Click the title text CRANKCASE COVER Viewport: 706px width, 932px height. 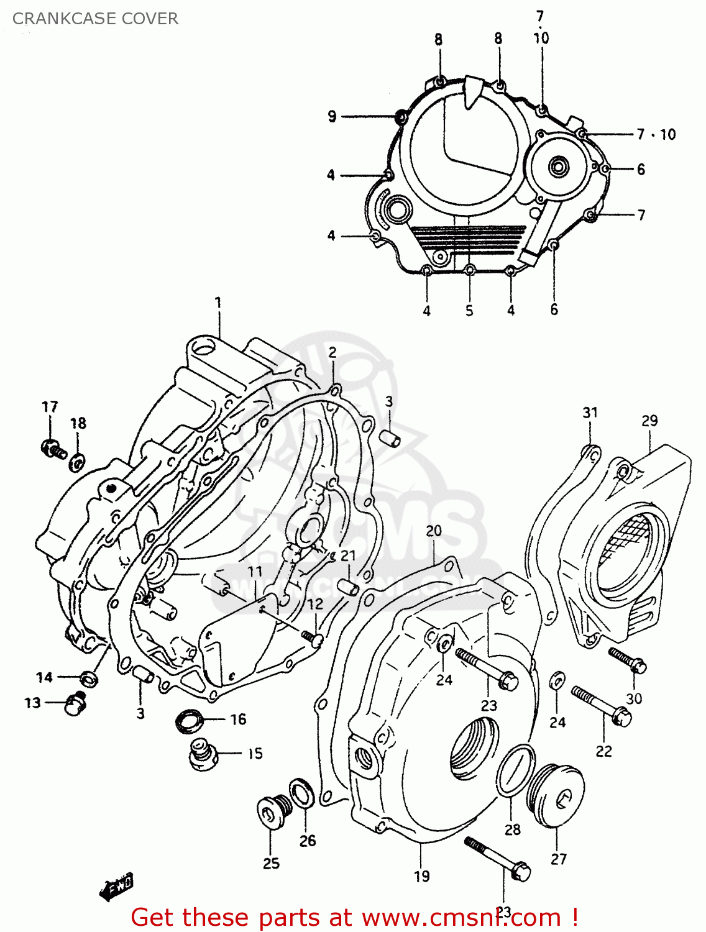pos(95,19)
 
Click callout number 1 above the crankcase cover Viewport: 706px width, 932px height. pos(218,303)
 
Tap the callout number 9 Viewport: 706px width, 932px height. pos(332,116)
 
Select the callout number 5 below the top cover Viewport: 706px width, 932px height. pos(469,310)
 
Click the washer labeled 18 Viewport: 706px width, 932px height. pos(78,462)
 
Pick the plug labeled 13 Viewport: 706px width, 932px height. pos(75,703)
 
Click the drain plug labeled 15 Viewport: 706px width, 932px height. pos(202,755)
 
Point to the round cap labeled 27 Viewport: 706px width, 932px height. pos(556,797)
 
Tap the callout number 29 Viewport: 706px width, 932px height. pos(649,421)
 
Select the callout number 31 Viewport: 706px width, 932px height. pos(590,412)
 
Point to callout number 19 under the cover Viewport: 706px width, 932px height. pos(422,876)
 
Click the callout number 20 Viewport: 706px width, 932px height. pos(434,531)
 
